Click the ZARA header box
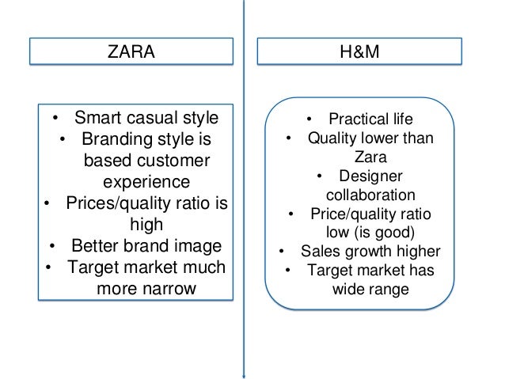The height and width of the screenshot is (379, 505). click(131, 52)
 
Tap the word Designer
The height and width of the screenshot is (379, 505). click(370, 176)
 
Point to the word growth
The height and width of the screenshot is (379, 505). click(371, 252)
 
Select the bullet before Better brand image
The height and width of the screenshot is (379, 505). click(53, 245)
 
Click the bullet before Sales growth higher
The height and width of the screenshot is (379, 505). click(282, 253)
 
